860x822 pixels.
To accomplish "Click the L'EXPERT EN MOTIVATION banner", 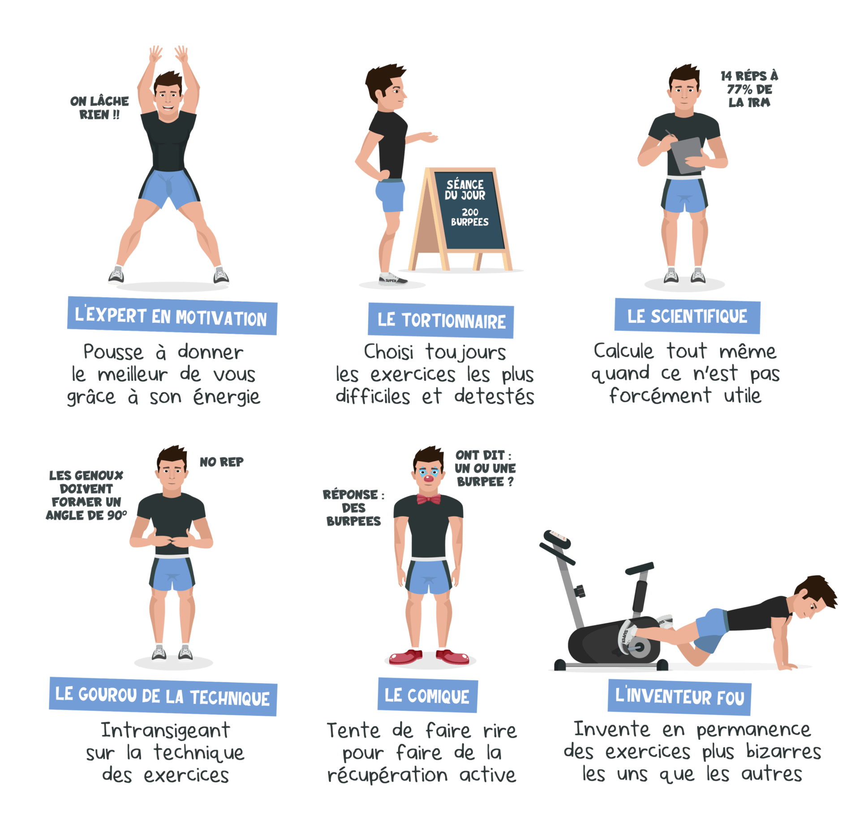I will pyautogui.click(x=172, y=316).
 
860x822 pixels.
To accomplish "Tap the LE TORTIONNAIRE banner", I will pyautogui.click(x=441, y=320).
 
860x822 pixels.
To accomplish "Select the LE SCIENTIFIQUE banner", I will pyautogui.click(x=687, y=316).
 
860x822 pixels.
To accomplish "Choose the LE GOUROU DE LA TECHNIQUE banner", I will pyautogui.click(x=163, y=696).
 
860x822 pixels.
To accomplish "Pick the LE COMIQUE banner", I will pyautogui.click(x=427, y=695).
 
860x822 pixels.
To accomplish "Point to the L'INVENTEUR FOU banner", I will pyautogui.click(x=679, y=697).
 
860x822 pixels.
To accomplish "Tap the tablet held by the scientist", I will pyautogui.click(x=687, y=155).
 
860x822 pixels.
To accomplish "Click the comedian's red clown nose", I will pyautogui.click(x=429, y=479).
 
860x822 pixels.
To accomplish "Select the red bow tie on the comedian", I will pyautogui.click(x=429, y=499).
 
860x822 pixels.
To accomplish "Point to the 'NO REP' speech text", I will pyautogui.click(x=222, y=462).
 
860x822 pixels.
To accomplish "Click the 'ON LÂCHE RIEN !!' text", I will pyautogui.click(x=99, y=108).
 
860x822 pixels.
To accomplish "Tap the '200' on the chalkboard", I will pyautogui.click(x=470, y=212).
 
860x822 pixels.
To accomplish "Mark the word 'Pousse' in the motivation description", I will pyautogui.click(x=113, y=353).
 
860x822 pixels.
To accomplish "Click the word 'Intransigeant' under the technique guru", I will pyautogui.click(x=165, y=731).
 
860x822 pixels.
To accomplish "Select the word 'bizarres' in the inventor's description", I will pyautogui.click(x=783, y=752).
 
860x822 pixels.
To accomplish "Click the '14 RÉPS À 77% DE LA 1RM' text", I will pyautogui.click(x=749, y=89).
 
